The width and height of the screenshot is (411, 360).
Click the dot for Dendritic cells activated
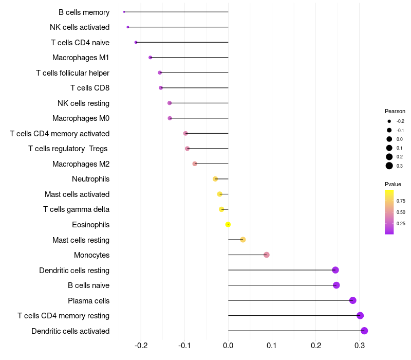tap(364, 331)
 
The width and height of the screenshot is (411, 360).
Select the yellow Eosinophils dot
tap(228, 224)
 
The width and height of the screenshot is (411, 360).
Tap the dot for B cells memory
tap(124, 12)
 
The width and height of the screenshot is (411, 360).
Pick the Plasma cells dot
tap(352, 300)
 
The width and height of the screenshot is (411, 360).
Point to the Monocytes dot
tap(266, 255)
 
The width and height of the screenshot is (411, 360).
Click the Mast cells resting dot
tap(243, 240)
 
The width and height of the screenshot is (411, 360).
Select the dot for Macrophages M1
tap(150, 57)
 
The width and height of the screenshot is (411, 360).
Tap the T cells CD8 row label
tap(89, 88)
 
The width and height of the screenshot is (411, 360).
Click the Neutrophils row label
tap(90, 179)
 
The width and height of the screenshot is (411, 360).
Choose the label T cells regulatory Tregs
tap(69, 149)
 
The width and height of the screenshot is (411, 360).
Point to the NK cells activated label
tap(80, 27)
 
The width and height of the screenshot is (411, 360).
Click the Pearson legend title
tap(395, 111)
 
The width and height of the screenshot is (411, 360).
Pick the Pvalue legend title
tap(393, 184)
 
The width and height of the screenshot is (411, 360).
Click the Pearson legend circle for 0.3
tap(389, 166)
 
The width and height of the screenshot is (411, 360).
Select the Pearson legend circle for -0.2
tap(389, 121)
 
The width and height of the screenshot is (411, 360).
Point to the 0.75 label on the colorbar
tap(401, 201)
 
